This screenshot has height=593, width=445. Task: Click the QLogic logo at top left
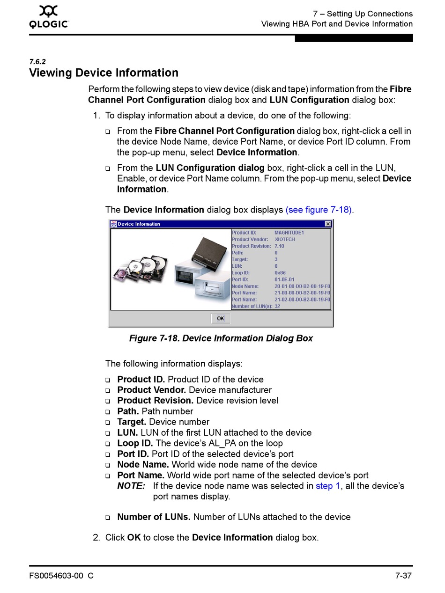(49, 17)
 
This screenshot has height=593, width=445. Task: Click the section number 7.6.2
(37, 62)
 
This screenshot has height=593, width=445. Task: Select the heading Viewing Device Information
(104, 73)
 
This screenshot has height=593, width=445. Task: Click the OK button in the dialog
(221, 318)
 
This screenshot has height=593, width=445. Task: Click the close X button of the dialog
(328, 224)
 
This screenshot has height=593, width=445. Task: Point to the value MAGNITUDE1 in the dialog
(289, 233)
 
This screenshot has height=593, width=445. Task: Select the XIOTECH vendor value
(285, 239)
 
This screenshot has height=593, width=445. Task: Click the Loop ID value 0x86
(280, 273)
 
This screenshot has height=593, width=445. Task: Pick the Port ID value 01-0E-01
(284, 279)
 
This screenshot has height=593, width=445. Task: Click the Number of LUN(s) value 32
(277, 306)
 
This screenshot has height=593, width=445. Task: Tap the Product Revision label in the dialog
(251, 246)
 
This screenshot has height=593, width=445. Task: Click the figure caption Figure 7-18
(221, 338)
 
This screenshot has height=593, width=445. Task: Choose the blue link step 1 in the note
(328, 486)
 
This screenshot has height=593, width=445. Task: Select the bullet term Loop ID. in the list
(135, 443)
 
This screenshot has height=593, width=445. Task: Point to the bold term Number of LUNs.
(154, 517)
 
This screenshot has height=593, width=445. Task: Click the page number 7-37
(403, 576)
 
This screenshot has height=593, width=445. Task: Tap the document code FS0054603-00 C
(61, 576)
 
